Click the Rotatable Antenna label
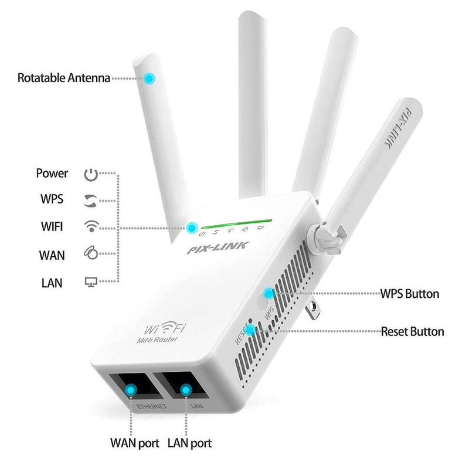coord(63,77)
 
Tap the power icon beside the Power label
coord(90,174)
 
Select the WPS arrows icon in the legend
coord(90,199)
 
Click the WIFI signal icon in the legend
coord(90,226)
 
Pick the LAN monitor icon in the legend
coord(90,283)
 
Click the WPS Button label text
coord(410,294)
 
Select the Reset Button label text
coord(412,332)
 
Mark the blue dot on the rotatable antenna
coord(151,77)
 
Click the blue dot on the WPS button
coord(269,293)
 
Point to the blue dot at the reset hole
coord(251,331)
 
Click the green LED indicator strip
coord(235,225)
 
